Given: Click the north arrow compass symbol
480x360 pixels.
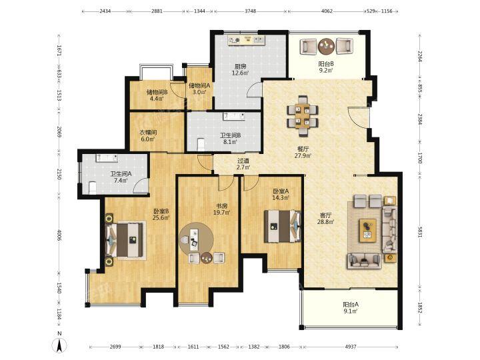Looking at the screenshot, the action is point(60,345).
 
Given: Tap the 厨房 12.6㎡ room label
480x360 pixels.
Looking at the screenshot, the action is point(240,69).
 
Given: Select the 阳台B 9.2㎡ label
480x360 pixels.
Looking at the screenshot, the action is point(326,67).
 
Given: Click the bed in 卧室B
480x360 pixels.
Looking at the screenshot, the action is point(125,239).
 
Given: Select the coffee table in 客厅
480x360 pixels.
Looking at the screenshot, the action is point(368,230).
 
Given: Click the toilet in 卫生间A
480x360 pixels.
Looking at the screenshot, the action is point(92,187).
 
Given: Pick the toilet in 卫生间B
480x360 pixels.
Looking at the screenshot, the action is point(201,145).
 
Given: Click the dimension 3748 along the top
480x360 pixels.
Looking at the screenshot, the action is point(251,11).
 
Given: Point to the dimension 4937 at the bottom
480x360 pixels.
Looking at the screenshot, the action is point(351,347).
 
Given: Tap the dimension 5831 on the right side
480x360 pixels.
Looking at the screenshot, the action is point(420,231).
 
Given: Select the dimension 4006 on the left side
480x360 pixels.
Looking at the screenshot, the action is point(59,236).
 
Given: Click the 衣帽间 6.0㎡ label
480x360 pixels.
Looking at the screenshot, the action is point(148,135).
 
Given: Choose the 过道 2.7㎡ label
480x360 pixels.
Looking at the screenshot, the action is point(243,164).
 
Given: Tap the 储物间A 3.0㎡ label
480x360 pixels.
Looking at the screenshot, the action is point(199,89).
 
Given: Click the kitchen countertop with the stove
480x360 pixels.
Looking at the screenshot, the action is point(247,41).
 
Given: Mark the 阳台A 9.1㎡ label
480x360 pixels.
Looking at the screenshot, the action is point(351,307).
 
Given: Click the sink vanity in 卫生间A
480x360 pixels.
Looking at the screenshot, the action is point(107,158).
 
